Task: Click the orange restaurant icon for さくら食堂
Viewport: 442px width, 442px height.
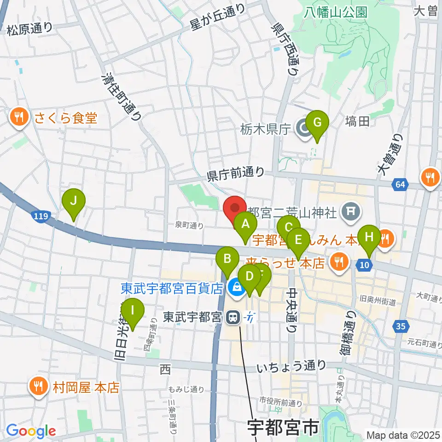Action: coord(18,118)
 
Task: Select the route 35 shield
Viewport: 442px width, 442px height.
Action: coord(401,326)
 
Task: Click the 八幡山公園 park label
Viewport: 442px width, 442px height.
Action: coord(336,12)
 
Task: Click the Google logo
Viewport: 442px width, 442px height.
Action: coord(31,431)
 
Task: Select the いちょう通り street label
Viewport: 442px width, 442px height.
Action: coord(291,366)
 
